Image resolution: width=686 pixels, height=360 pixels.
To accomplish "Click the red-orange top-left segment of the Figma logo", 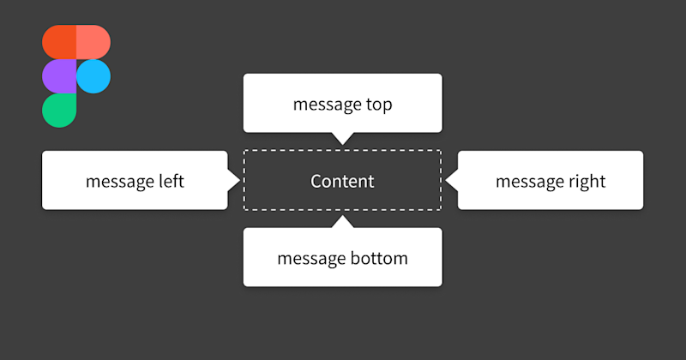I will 59,42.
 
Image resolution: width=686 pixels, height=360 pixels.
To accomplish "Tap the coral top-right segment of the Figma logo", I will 93,42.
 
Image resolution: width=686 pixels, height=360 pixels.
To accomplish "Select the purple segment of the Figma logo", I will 59,76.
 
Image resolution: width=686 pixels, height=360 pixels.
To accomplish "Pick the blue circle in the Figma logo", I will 93,76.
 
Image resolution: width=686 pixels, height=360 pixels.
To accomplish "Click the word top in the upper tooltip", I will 378,105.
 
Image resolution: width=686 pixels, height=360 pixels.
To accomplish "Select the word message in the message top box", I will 326,105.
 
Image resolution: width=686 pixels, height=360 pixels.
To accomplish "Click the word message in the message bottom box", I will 310,258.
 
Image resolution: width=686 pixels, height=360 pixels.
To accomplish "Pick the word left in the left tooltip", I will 171,182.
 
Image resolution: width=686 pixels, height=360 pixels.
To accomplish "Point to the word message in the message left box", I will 119,182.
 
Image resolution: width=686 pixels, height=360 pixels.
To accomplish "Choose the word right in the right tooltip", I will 587,182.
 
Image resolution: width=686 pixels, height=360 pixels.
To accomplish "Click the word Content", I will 342,182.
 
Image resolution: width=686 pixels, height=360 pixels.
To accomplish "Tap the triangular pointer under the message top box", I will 343,138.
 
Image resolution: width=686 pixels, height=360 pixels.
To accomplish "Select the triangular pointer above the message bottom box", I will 343,222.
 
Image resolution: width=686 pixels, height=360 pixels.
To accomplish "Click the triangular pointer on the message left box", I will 233,180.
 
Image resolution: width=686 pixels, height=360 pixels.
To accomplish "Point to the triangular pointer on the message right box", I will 452,180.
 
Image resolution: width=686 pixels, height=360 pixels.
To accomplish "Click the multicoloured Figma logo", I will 75,76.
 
